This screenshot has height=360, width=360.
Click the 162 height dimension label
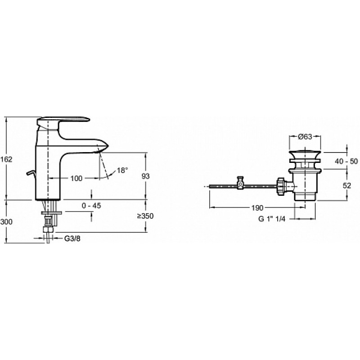[x=6, y=159]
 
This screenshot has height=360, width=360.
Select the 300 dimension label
[x=6, y=222]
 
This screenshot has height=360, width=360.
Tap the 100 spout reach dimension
[x=76, y=178]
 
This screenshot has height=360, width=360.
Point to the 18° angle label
[x=122, y=171]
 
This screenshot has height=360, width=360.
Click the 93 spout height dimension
[x=145, y=176]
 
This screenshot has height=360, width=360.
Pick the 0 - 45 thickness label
[x=91, y=206]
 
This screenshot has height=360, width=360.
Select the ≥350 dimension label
[x=145, y=216]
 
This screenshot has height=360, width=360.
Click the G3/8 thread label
[x=72, y=238]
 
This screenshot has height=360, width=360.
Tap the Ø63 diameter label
[x=305, y=137]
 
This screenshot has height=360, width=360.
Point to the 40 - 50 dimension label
[x=346, y=162]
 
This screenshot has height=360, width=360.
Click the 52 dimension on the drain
[x=347, y=185]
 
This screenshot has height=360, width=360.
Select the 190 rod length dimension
[x=257, y=208]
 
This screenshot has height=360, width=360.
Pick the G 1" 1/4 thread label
[x=272, y=219]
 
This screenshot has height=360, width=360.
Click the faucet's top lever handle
[x=63, y=121]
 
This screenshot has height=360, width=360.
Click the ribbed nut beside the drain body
[x=281, y=186]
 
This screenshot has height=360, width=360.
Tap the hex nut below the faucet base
[x=49, y=229]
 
